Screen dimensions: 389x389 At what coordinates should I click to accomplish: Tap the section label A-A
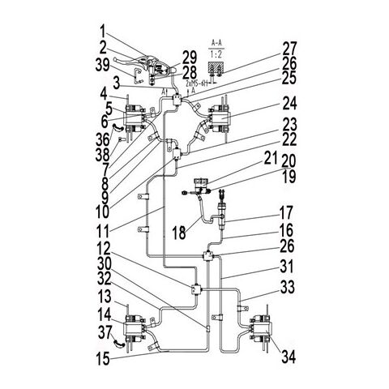click(x=216, y=39)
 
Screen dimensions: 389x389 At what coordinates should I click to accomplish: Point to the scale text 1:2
click(x=216, y=52)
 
